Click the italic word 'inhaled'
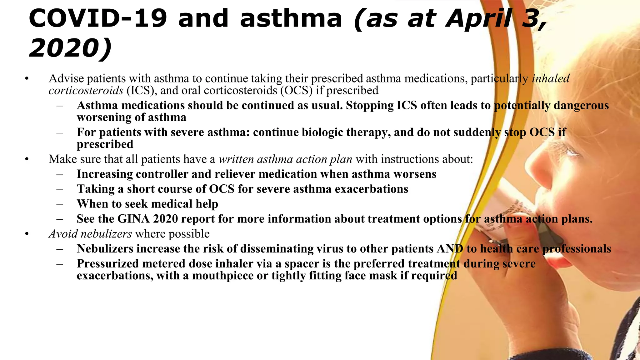coord(551,78)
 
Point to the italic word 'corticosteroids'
coord(86,90)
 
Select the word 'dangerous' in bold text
coord(581,105)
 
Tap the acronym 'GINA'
coord(133,219)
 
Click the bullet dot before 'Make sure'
coord(27,159)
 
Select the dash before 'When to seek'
coord(60,204)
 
